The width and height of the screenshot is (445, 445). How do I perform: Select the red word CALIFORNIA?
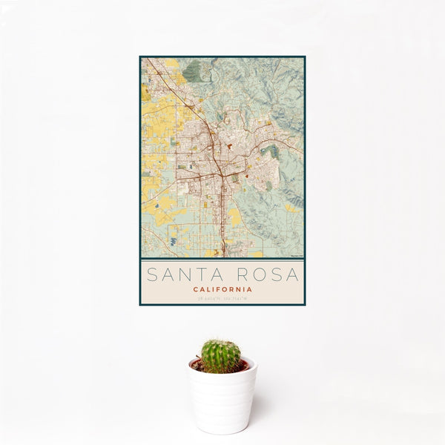coord(222,289)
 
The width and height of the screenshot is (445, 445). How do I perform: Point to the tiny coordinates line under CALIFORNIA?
coord(222,298)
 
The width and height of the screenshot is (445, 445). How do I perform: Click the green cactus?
coord(221,355)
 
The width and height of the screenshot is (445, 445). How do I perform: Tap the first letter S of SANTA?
coord(152,274)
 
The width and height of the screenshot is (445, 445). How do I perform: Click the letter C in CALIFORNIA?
coord(195,289)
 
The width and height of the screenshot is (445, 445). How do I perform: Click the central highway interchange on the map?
coord(220,174)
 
